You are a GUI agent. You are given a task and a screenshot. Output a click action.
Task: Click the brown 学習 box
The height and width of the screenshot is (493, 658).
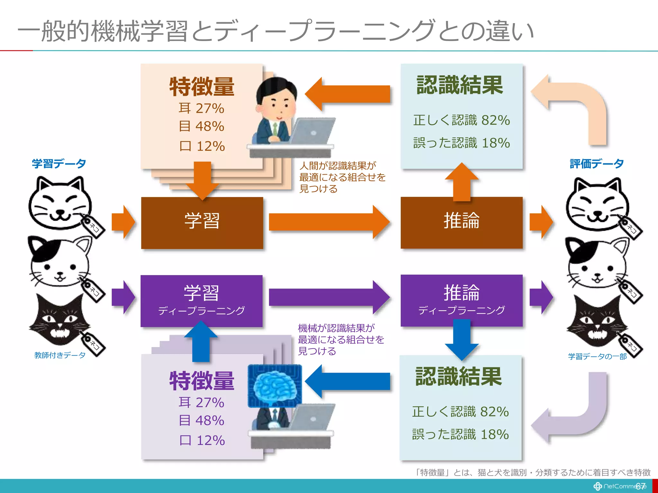pyautogui.click(x=202, y=222)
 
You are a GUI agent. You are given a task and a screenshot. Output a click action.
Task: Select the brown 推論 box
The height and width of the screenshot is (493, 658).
pyautogui.click(x=461, y=222)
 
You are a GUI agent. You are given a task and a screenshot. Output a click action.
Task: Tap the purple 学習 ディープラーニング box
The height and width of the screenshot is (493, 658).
pyautogui.click(x=201, y=300)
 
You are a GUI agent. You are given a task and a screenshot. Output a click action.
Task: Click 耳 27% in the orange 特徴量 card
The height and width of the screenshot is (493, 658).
pyautogui.click(x=201, y=108)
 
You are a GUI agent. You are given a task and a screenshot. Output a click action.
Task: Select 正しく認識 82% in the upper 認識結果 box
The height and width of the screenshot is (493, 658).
pyautogui.click(x=461, y=120)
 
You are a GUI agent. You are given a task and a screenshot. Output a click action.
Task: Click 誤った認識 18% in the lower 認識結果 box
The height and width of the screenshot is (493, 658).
pyautogui.click(x=460, y=434)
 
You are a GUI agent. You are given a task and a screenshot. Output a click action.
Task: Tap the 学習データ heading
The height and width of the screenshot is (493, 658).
pyautogui.click(x=59, y=164)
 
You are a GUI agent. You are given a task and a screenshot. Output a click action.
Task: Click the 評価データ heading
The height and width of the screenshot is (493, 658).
pyautogui.click(x=597, y=164)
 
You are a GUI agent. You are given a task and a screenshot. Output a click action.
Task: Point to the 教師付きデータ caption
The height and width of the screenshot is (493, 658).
pyautogui.click(x=60, y=355)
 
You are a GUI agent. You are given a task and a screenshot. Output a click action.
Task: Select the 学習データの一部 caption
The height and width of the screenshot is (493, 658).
pyautogui.click(x=597, y=356)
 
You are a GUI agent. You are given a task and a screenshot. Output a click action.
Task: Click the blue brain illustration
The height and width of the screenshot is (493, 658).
pyautogui.click(x=275, y=385)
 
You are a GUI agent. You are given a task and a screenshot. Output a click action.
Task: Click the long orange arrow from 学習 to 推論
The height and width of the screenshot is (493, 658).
pyautogui.click(x=328, y=222)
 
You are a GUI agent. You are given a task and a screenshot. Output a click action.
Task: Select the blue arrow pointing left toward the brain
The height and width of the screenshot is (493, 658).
pyautogui.click(x=347, y=381)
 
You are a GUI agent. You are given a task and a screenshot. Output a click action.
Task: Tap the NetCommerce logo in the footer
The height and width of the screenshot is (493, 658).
pyautogui.click(x=618, y=486)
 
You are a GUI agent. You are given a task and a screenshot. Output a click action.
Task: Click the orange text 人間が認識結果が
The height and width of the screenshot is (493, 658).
pyautogui.click(x=337, y=166)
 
